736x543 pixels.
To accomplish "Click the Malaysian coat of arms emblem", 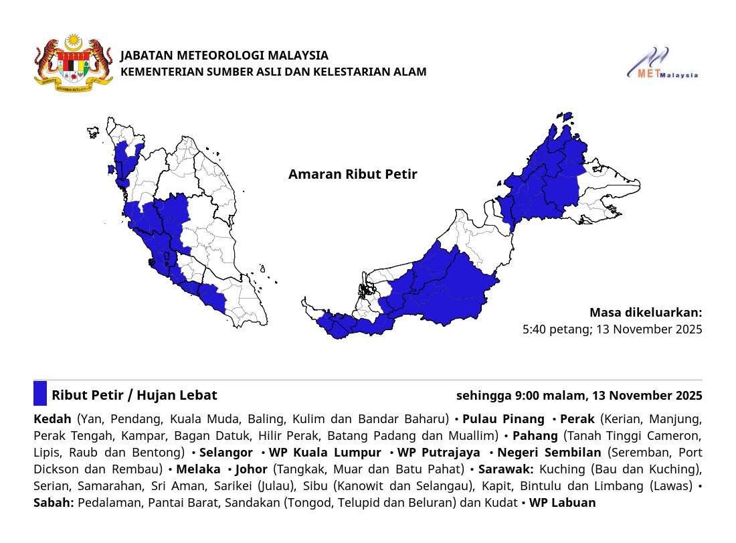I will [x=74, y=64].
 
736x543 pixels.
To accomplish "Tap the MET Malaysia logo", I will [x=662, y=64].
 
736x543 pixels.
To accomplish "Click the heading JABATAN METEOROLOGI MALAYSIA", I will [x=224, y=55].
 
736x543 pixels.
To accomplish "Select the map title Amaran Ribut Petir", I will [x=353, y=174].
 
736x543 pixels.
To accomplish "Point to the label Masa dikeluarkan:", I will [x=646, y=312].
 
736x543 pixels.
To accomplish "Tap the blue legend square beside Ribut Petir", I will [x=40, y=393].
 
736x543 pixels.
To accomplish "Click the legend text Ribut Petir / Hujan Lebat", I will [x=134, y=395].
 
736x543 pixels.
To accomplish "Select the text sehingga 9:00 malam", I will [x=517, y=395].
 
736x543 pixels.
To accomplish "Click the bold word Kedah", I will [x=52, y=418].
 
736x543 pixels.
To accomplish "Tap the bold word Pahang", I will [x=535, y=435].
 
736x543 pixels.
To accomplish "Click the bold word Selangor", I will [x=226, y=452].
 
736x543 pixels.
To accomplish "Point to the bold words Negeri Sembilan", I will [x=549, y=452].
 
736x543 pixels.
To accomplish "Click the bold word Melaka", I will [x=198, y=469].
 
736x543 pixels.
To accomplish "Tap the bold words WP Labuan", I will [x=562, y=502].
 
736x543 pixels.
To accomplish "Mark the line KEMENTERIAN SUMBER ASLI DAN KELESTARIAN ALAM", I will [x=273, y=72].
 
